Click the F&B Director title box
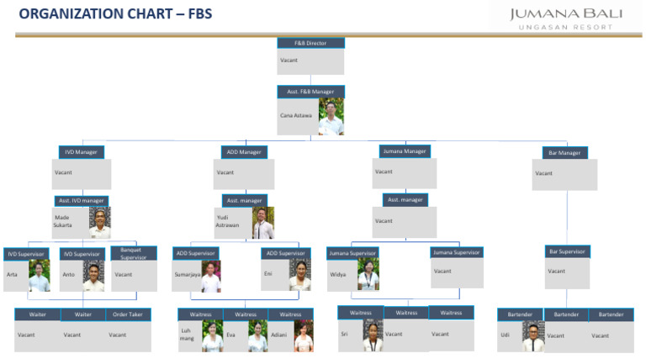coord(310,43)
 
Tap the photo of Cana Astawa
coord(331,117)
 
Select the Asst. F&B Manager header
coord(310,92)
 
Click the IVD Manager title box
coord(81,152)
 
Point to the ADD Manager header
coord(244,152)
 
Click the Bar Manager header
coord(564,153)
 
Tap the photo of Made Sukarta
coord(99,223)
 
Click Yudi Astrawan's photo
coord(262,223)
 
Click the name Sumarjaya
coord(186,274)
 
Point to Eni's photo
coord(299,274)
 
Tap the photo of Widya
coord(368,274)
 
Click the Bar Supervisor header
coord(568,251)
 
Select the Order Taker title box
coord(128,314)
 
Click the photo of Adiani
coord(303,335)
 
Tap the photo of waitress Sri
coord(373,335)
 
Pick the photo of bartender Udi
coord(532,335)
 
